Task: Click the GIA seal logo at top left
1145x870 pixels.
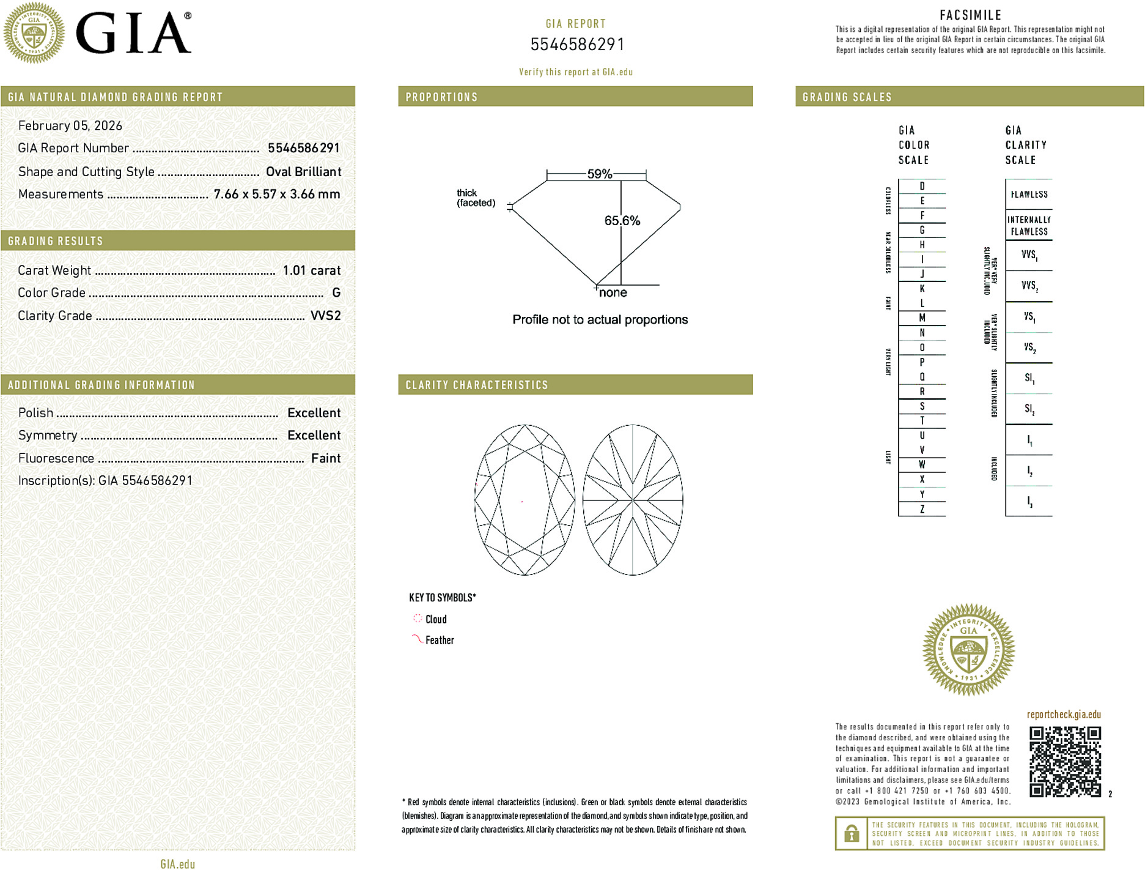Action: (x=34, y=33)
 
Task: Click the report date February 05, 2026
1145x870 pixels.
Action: (x=70, y=126)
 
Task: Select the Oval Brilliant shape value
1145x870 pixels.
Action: (x=303, y=172)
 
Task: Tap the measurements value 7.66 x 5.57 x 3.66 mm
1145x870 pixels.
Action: (x=276, y=195)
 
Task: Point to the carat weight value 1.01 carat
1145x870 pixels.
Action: (x=311, y=270)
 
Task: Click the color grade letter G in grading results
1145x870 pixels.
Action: (x=336, y=293)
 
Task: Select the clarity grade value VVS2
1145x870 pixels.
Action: (x=325, y=316)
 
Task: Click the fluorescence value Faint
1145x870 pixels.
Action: (x=325, y=458)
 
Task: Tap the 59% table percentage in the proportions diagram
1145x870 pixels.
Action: (x=599, y=174)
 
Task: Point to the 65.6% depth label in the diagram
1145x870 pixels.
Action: (x=622, y=221)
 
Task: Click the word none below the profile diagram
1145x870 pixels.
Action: (x=613, y=293)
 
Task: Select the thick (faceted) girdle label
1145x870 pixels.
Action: (x=476, y=198)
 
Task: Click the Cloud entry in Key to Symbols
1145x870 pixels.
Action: (x=435, y=619)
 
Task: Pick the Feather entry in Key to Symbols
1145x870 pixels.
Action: (x=439, y=640)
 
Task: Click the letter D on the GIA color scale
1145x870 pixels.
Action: (x=922, y=186)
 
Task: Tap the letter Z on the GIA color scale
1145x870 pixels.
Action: (x=922, y=509)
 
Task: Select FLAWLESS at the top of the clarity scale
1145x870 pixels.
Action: (x=1029, y=195)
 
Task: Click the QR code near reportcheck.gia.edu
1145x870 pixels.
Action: (x=1064, y=761)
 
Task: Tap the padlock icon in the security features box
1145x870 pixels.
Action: (x=851, y=833)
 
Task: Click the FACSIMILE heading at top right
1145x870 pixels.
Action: (x=970, y=15)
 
